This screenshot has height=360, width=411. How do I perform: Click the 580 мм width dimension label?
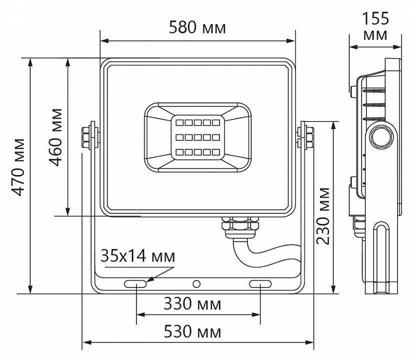click(197, 27)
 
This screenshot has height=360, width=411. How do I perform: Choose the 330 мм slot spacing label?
click(193, 304)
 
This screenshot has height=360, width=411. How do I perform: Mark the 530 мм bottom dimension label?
click(193, 331)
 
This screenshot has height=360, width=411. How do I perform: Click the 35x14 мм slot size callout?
click(138, 257)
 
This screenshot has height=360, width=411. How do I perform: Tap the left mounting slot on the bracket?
click(135, 284)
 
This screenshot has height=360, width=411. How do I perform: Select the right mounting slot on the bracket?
click(260, 284)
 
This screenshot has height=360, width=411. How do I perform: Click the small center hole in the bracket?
click(196, 284)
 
